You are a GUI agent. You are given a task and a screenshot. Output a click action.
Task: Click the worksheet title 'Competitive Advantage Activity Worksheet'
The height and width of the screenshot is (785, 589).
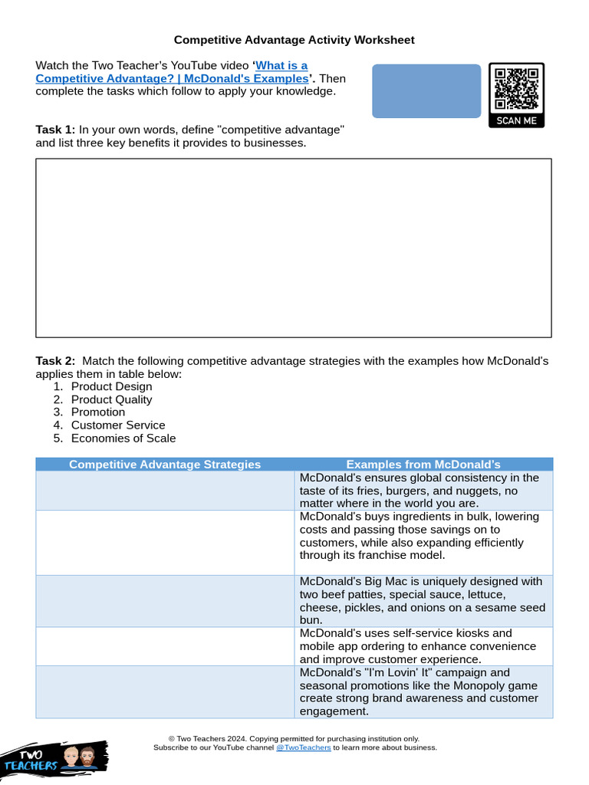point(294,40)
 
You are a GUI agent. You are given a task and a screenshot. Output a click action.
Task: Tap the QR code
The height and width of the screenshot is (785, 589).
point(516,88)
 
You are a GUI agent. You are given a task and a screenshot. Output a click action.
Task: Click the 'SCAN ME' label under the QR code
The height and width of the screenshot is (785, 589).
point(516,121)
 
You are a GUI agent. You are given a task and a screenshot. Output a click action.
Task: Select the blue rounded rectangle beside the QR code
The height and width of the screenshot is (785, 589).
point(426,91)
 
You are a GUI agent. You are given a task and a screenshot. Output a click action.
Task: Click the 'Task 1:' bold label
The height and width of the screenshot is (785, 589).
point(55,130)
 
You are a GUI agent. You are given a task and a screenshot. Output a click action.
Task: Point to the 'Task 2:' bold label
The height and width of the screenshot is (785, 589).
point(55,361)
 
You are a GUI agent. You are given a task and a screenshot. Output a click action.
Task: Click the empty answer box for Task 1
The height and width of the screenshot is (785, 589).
point(294,248)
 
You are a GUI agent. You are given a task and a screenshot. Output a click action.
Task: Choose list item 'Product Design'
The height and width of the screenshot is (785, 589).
point(111,387)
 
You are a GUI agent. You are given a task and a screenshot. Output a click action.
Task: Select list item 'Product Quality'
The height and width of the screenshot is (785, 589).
point(111,399)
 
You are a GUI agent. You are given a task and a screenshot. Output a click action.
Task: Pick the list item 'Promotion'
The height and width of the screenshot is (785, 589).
point(97,412)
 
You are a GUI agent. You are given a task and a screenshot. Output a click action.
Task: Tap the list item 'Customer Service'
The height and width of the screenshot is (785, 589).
point(117,425)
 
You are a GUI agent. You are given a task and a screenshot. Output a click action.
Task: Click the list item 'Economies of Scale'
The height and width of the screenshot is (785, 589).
point(123,438)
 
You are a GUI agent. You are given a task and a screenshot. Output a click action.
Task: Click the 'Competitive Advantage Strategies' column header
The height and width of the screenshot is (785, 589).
point(165,465)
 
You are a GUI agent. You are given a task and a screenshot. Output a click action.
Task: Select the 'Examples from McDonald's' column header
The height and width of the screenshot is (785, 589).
point(423,465)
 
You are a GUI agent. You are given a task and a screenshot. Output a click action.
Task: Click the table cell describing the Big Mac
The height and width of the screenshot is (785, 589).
point(423,601)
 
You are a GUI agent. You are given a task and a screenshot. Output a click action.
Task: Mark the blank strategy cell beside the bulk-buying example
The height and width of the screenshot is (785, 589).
point(165,543)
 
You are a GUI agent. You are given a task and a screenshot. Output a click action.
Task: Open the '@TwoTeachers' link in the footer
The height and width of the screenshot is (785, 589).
point(303,747)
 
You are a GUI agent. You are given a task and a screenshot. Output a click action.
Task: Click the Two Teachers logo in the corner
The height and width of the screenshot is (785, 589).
point(54,757)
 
